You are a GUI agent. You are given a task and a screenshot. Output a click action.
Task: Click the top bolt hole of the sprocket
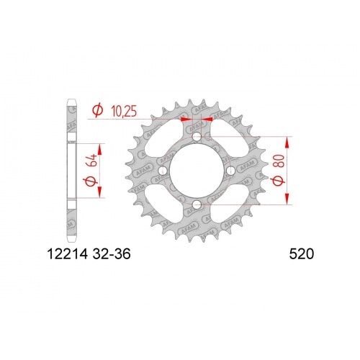tap(197, 135)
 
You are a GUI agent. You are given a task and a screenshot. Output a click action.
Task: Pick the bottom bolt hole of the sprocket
tap(197, 207)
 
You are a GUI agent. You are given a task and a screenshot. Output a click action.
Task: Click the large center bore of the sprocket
tap(197, 171)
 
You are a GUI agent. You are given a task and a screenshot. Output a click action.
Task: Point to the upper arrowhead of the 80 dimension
tap(288, 138)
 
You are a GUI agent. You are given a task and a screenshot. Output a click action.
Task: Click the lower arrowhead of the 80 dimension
tap(288, 203)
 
